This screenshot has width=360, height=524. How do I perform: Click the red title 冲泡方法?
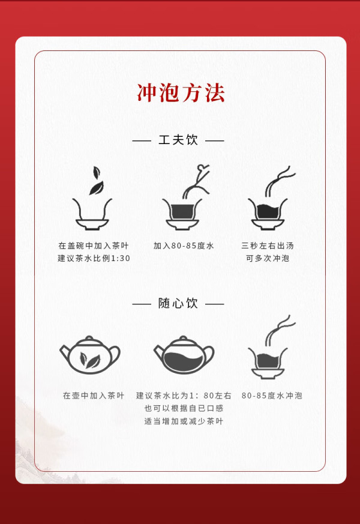(x=181, y=93)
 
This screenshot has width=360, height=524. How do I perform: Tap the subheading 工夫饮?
(x=178, y=140)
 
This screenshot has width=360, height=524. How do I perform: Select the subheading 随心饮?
(x=178, y=304)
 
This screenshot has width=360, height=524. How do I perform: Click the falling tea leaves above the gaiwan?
(x=96, y=181)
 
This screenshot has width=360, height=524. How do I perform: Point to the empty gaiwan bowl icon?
(x=92, y=214)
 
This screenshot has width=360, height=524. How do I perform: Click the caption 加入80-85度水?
(x=184, y=246)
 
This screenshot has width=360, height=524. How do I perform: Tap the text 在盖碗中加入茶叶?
(x=94, y=246)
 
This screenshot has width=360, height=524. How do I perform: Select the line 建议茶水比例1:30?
(x=94, y=258)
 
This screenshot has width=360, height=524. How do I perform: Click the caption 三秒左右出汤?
(x=268, y=246)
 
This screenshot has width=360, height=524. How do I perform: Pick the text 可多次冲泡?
(x=268, y=258)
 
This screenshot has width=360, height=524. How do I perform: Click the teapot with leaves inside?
(x=90, y=355)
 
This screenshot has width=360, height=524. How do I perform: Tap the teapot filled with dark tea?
(x=184, y=355)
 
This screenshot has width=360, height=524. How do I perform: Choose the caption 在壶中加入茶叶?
(x=94, y=396)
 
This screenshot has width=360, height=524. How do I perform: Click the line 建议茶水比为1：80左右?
(x=184, y=396)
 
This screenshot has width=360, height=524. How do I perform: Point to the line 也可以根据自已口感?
(x=184, y=408)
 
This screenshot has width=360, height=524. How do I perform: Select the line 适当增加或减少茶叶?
(x=184, y=421)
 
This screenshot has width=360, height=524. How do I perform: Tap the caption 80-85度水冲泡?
(x=272, y=396)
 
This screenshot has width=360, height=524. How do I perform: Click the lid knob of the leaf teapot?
(x=89, y=338)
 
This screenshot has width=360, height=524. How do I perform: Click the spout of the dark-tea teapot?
(x=158, y=350)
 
